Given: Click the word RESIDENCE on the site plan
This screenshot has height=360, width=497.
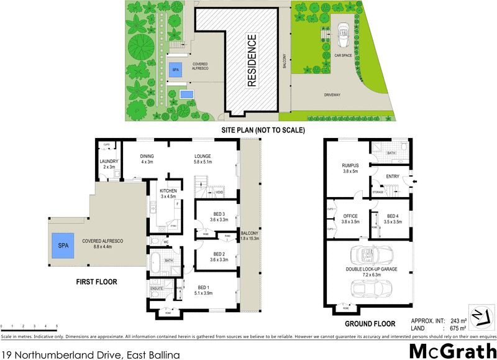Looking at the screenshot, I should point(252,60).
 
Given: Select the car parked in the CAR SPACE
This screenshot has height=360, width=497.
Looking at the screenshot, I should point(343,36).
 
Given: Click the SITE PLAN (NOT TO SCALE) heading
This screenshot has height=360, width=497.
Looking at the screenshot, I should point(263,131).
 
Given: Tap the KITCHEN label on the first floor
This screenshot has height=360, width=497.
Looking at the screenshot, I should point(168,191).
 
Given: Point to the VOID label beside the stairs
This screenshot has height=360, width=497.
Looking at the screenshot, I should point(219,193).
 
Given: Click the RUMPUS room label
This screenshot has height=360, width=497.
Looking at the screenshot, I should point(351,165).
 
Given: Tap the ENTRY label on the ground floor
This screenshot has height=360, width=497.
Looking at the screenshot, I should point(392,177).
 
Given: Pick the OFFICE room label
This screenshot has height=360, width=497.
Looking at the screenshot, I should point(350,216).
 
